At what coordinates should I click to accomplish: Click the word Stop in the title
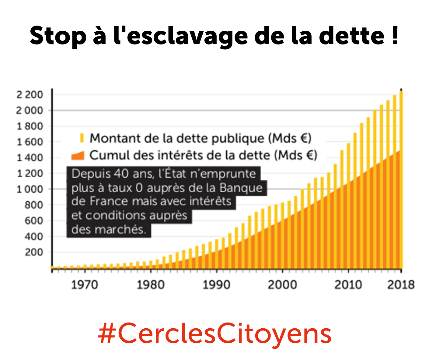[x=58, y=36]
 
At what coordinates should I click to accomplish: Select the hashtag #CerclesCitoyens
[x=214, y=334]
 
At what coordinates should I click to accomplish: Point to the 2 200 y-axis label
[x=30, y=95]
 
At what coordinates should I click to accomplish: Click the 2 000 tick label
[x=30, y=110]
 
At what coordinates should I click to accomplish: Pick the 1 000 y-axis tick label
[x=30, y=189]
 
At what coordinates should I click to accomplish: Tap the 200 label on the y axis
[x=34, y=252]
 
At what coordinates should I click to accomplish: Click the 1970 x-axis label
[x=84, y=285]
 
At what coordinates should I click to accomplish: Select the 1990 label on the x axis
[x=216, y=285]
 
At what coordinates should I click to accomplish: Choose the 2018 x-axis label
[x=401, y=285]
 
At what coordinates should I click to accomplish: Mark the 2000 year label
[x=282, y=285]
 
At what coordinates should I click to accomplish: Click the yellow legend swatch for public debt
[x=82, y=138]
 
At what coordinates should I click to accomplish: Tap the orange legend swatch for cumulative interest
[x=78, y=156]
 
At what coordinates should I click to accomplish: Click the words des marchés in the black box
[x=109, y=229]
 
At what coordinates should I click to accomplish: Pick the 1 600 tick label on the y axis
[x=30, y=142]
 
